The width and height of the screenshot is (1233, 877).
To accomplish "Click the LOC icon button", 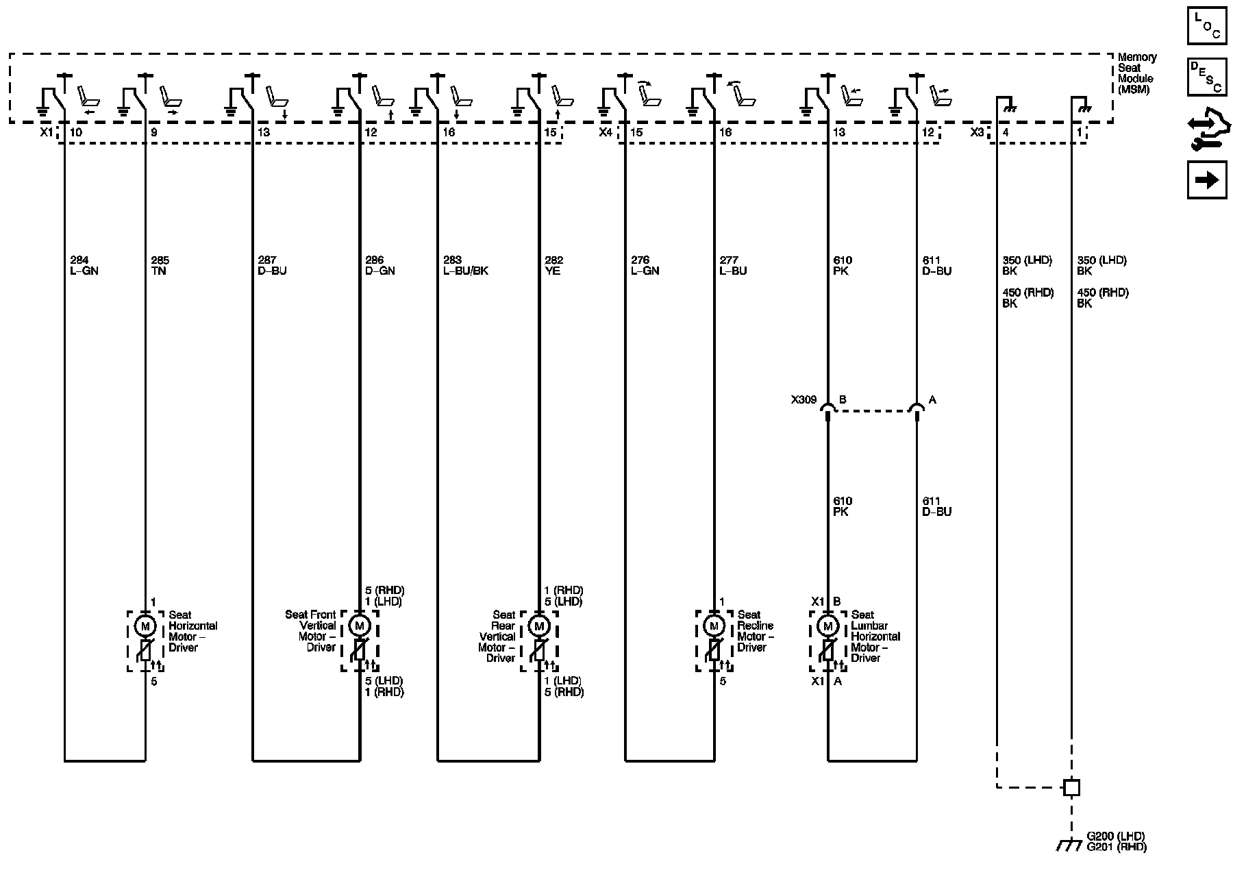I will coord(1207,26).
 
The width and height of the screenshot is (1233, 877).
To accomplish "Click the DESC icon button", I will coord(1207,77).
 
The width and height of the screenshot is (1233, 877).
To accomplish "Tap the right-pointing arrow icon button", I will coord(1207,180).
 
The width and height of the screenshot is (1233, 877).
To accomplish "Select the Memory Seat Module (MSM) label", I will coord(1137,73).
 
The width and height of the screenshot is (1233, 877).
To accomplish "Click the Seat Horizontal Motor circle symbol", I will coord(145,626).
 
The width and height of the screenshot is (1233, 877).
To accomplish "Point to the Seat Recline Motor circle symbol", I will coord(714,626).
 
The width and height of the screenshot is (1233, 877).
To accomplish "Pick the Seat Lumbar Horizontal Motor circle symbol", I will coord(828,626).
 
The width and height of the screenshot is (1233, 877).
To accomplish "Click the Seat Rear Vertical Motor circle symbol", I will coord(539,626).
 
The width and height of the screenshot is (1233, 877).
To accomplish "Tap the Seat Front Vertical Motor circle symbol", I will coord(359,626).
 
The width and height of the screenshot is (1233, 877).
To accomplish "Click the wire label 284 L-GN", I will coord(84,266).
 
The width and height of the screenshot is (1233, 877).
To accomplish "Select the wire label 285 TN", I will coord(160,266).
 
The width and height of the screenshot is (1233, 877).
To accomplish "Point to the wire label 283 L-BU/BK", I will coord(466,266).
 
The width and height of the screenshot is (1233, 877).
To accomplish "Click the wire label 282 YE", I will coord(553,266).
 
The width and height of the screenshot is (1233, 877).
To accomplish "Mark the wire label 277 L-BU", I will coord(733,266).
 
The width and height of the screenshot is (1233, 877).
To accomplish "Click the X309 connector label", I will coord(804,400).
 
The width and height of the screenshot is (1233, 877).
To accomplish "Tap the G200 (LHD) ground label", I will coord(1116,837).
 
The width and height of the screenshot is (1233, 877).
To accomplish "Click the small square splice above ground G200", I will coord(1071,788).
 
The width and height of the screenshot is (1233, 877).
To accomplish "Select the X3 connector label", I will coord(977,132).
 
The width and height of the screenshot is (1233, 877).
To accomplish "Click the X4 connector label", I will coord(606,132).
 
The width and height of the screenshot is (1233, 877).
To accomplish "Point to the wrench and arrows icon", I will coord(1207,129).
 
